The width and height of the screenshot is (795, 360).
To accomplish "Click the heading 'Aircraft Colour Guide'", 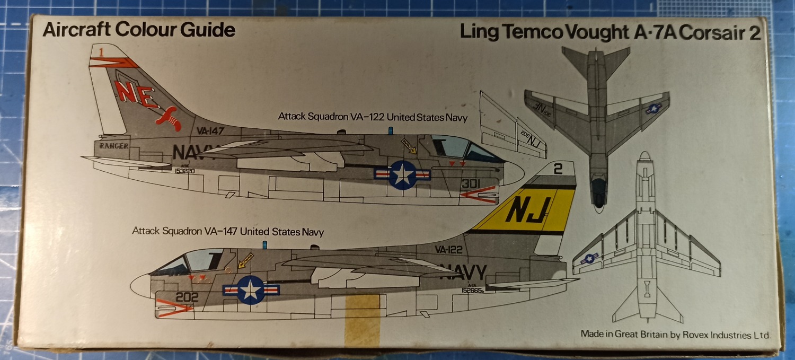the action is tap(139, 30).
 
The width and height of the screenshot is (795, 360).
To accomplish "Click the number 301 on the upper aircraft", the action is tap(470, 184).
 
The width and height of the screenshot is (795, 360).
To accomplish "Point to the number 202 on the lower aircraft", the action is tap(187, 297).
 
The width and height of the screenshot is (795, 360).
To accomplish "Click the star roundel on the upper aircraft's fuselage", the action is tap(403, 175).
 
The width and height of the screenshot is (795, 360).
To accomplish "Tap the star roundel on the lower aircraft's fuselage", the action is tap(251, 289).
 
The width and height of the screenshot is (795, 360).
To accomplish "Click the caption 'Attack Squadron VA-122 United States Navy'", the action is tap(373, 117).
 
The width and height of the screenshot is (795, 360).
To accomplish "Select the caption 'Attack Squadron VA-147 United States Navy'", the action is tap(227, 231).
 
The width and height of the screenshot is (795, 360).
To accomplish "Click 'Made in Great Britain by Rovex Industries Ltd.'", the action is tap(675, 334).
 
